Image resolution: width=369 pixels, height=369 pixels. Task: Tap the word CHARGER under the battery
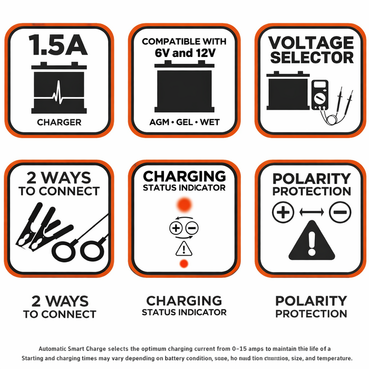click(x=59, y=122)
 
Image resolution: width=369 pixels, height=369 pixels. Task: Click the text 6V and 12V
click(x=184, y=53)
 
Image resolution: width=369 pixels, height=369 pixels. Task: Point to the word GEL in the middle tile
click(x=184, y=122)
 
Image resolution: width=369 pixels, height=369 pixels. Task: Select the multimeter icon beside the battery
click(x=319, y=95)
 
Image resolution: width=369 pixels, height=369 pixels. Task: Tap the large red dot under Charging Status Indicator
click(x=184, y=204)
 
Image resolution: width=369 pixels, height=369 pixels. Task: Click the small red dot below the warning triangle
click(x=184, y=263)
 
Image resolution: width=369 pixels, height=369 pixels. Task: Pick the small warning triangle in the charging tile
click(x=184, y=247)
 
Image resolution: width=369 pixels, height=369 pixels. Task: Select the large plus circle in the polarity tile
click(x=283, y=212)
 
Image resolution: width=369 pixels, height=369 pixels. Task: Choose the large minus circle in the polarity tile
click(x=339, y=212)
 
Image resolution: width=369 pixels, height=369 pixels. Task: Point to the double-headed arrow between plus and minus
click(x=311, y=212)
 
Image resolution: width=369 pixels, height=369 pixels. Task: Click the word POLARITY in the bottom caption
click(x=311, y=301)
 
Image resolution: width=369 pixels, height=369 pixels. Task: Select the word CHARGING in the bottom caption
click(x=184, y=301)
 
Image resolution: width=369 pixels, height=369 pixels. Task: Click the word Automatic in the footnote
click(x=56, y=348)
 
